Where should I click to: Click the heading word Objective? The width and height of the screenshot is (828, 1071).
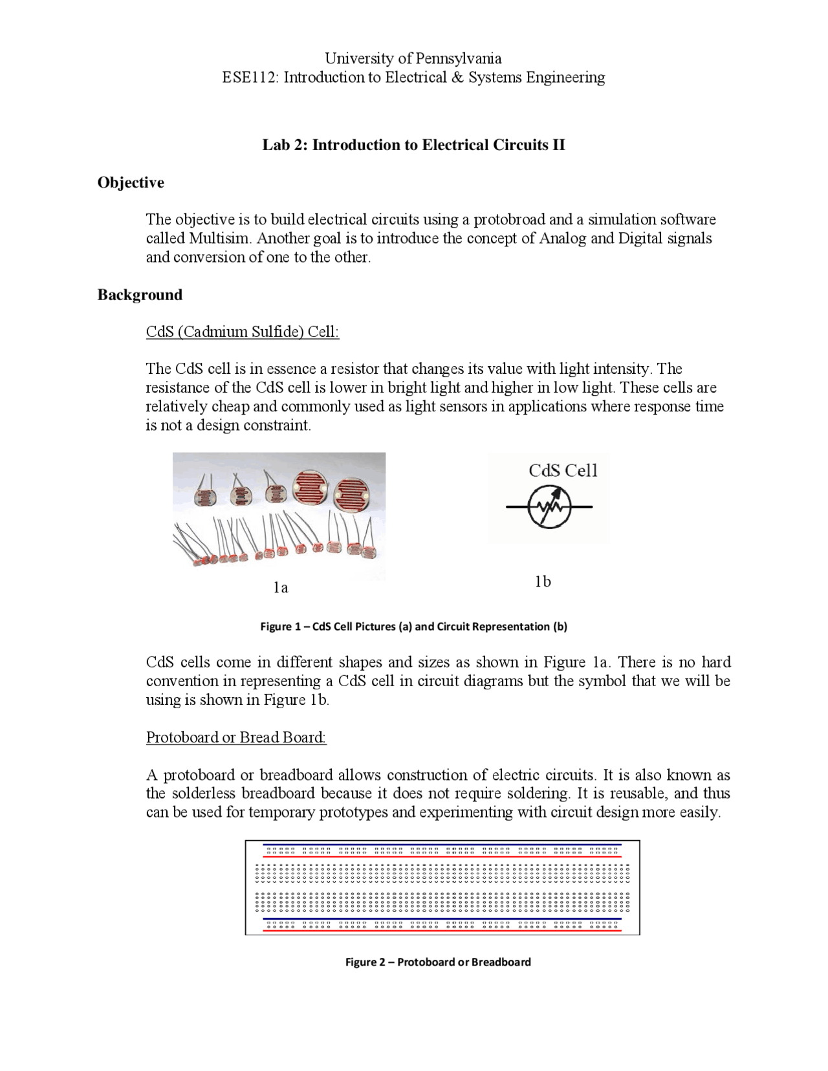[x=131, y=183]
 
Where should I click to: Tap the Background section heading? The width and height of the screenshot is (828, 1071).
[x=140, y=295]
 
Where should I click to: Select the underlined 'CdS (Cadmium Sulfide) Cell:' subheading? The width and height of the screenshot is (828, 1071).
[x=243, y=332]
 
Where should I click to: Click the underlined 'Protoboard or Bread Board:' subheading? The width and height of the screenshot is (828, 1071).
[x=236, y=737]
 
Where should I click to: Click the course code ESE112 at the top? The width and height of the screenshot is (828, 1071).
[x=250, y=78]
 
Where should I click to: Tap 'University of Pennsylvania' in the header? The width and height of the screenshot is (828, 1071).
[x=413, y=58]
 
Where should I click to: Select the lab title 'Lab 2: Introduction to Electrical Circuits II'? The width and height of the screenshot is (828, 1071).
[x=413, y=145]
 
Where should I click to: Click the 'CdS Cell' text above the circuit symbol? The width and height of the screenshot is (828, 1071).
[x=563, y=471]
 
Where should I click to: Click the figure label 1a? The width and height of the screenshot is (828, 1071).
[x=280, y=587]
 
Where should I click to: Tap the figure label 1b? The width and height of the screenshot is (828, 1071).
[x=543, y=582]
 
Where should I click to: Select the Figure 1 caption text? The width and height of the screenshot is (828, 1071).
[x=413, y=626]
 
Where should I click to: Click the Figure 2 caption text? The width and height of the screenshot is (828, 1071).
[x=438, y=962]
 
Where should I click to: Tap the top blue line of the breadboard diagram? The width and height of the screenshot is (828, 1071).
[x=442, y=845]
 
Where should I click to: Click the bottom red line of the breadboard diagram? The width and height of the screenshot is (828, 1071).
[x=442, y=931]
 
